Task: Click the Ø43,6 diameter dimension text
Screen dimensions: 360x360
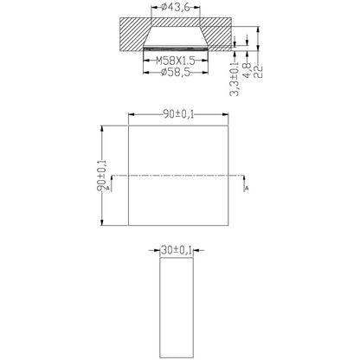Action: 179,8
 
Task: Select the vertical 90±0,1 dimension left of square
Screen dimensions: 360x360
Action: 102,174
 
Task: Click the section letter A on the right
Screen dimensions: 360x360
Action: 247,187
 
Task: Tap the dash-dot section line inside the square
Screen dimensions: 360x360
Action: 179,176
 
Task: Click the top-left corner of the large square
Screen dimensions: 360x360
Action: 127,124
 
